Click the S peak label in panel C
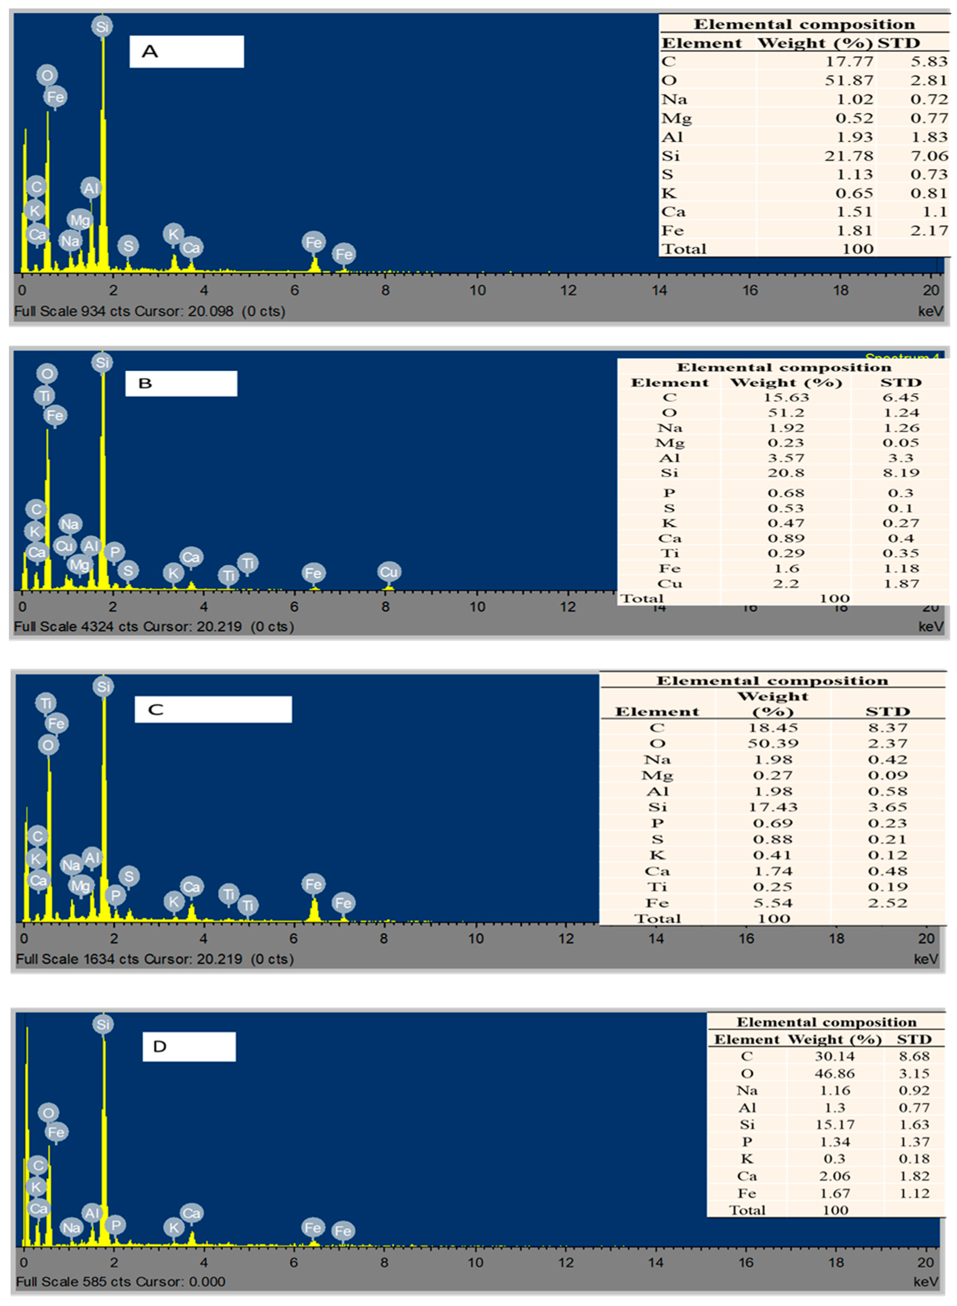coord(129,876)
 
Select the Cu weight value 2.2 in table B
coord(786,583)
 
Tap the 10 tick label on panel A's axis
coord(477,290)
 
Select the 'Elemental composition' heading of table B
coord(784,367)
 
